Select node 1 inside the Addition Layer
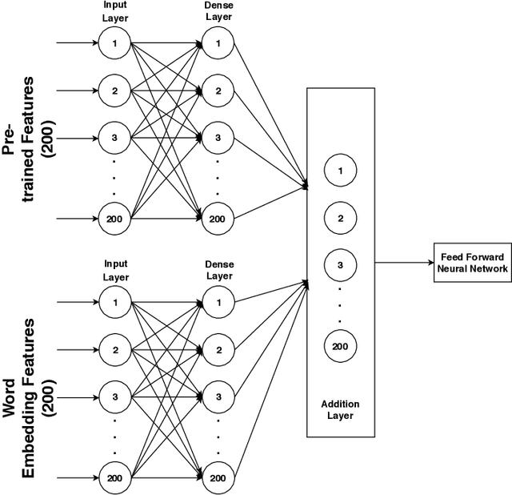(x=340, y=171)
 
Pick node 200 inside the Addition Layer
(x=340, y=347)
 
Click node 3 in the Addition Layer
(x=340, y=264)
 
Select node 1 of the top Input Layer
(x=114, y=43)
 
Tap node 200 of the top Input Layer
(x=114, y=218)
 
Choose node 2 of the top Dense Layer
(x=217, y=91)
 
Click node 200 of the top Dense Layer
(x=217, y=218)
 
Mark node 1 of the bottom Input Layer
(x=114, y=303)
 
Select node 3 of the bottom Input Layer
(x=114, y=396)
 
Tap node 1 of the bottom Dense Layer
(x=217, y=303)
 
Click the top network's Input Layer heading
(x=114, y=13)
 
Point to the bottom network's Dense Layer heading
(x=218, y=270)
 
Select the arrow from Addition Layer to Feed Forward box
(x=404, y=262)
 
